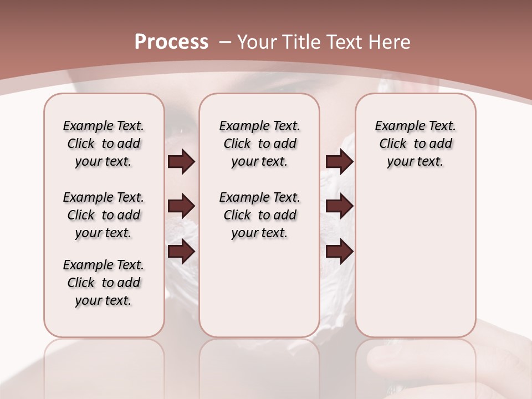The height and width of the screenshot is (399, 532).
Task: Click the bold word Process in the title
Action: pos(171,42)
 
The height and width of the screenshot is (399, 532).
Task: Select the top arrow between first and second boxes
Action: pos(181,161)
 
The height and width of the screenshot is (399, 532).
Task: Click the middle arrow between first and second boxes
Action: pos(181,207)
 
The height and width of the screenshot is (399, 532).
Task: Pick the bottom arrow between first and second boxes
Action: pos(181,252)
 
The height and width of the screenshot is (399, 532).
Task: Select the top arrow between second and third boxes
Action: pos(339,161)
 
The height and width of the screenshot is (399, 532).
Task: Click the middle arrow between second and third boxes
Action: pos(339,207)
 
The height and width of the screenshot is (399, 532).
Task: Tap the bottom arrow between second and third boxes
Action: pos(339,252)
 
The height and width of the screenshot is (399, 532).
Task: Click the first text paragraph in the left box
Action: pos(104,144)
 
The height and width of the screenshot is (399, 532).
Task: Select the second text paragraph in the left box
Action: pos(104,215)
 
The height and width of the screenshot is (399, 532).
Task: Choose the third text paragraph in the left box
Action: pos(104,283)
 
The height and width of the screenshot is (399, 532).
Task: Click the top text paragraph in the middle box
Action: pos(259,144)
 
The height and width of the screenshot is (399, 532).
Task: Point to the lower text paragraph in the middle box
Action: pos(259,215)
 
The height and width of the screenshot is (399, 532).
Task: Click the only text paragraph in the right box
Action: pos(415,144)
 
